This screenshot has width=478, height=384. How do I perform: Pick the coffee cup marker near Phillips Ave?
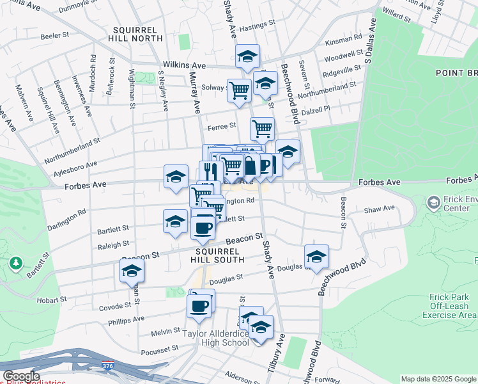click(x=199, y=305)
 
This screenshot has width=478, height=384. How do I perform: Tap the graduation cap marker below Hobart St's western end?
click(x=132, y=271)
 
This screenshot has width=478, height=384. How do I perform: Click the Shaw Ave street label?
click(x=380, y=209)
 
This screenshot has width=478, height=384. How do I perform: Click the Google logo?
click(x=20, y=376)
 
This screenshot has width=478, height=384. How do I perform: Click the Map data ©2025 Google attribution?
click(x=438, y=379)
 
